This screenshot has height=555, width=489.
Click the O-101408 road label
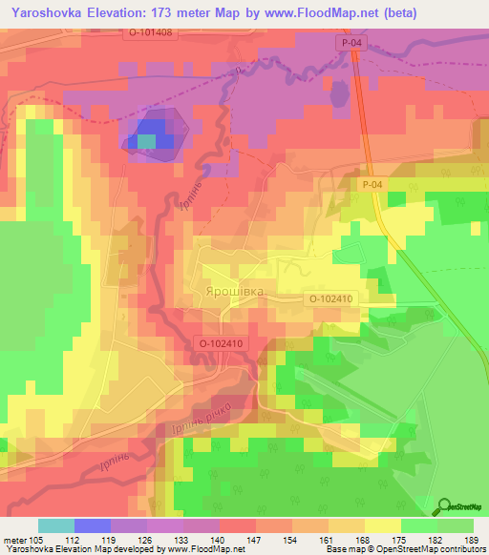click(150, 32)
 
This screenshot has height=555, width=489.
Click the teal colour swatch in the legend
click(56, 525)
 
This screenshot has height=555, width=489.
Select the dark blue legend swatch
click(93, 525)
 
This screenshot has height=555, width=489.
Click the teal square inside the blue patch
click(145, 141)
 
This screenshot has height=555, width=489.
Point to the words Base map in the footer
click(343, 549)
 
